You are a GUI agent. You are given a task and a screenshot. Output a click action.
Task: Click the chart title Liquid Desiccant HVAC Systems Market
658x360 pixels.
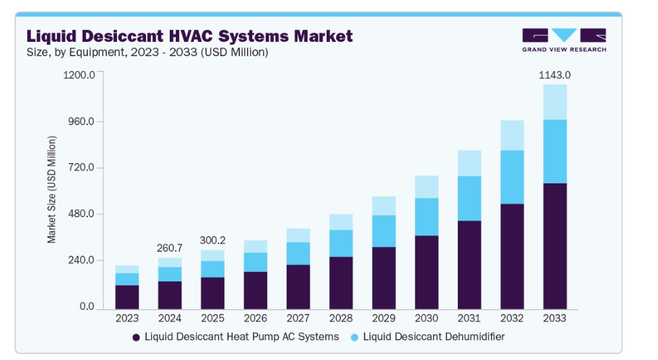(189, 35)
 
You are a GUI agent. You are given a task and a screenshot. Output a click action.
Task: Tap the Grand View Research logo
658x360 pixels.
(564, 39)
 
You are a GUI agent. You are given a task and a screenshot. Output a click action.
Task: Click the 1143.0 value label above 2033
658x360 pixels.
(554, 75)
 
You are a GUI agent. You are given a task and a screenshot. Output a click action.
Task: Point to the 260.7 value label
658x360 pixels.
(170, 248)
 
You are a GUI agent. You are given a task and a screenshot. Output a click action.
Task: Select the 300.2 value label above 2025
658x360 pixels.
(213, 240)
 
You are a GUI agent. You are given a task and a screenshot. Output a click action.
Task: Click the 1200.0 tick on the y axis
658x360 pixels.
(80, 75)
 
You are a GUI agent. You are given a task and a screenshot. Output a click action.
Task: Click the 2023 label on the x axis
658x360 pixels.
(127, 318)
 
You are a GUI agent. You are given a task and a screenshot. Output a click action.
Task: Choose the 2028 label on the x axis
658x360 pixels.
(341, 318)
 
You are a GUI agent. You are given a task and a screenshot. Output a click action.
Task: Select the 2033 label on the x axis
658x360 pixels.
(554, 318)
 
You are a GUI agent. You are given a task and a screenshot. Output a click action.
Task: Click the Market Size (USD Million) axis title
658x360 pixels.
(52, 190)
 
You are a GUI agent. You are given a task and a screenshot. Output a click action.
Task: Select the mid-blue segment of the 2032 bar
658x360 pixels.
(511, 177)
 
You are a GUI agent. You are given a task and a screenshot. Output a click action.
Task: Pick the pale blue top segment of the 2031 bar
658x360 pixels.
(469, 163)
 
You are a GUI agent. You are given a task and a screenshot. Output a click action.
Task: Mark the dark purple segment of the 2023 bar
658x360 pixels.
(127, 297)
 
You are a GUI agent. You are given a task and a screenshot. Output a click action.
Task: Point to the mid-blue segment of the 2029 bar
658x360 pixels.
(383, 231)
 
